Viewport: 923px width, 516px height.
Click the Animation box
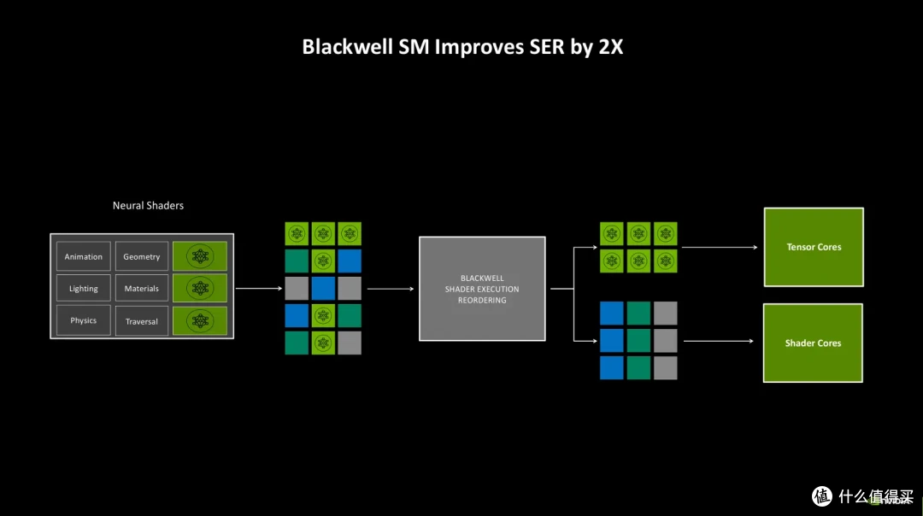[84, 256]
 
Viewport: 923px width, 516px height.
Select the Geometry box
[142, 256]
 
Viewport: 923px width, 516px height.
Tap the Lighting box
[84, 288]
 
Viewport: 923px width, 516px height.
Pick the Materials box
[142, 288]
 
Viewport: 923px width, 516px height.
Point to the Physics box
[84, 320]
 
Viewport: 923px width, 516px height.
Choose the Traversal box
[142, 321]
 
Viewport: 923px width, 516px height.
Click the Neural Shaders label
[149, 205]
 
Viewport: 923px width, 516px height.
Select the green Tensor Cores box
[814, 247]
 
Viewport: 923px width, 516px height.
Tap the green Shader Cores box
[813, 343]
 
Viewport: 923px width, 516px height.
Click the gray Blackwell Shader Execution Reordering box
[482, 289]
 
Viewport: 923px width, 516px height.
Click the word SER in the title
[547, 47]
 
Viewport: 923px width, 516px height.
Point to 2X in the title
[611, 47]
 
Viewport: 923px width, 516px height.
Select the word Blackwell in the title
[347, 47]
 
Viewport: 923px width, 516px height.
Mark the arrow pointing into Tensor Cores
[720, 247]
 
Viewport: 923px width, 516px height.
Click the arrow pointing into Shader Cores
[719, 341]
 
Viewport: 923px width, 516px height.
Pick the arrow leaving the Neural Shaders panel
[259, 288]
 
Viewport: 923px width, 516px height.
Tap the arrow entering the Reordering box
[391, 289]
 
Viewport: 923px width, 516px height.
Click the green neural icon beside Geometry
[200, 256]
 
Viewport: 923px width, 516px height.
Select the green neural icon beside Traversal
[200, 321]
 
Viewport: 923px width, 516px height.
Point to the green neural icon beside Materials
[200, 288]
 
